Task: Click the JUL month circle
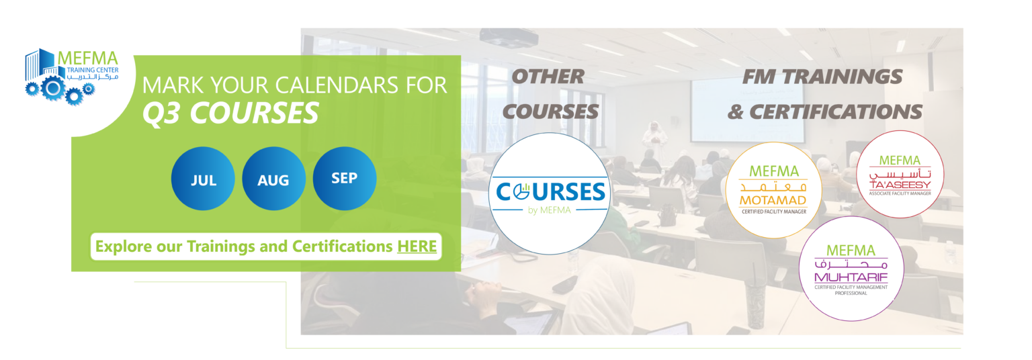[x=203, y=179]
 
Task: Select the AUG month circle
[x=273, y=179]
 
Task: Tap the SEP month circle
[x=345, y=179]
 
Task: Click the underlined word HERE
[x=417, y=246]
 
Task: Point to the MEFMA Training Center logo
[x=71, y=77]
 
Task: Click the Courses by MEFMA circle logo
[x=550, y=193]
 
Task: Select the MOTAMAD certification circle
[x=773, y=190]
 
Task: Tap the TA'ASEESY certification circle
[x=900, y=174]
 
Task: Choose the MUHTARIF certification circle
[x=851, y=269]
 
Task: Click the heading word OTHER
[x=548, y=77]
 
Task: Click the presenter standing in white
[x=654, y=140]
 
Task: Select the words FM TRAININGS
[x=822, y=77]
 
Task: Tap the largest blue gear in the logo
[x=53, y=88]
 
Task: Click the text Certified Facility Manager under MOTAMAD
[x=774, y=212]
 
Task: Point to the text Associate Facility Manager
[x=900, y=193]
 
